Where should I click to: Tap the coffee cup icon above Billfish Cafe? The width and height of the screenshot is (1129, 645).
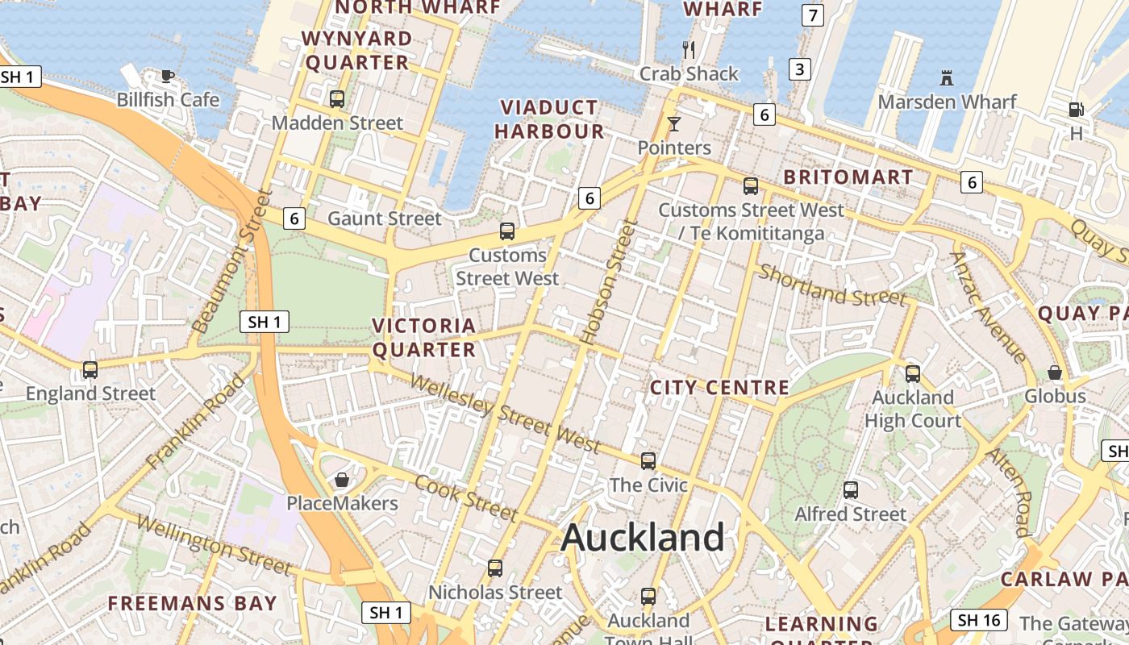tap(167, 77)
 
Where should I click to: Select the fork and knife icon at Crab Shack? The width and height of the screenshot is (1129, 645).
tap(689, 50)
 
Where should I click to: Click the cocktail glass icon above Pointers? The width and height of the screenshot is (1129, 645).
tap(674, 124)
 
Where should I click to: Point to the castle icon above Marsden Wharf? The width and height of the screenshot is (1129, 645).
tap(947, 78)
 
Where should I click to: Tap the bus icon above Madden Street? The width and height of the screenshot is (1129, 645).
tap(337, 99)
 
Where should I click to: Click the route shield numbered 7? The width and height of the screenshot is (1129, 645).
tap(812, 15)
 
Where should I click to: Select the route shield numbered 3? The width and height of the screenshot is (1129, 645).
tap(799, 69)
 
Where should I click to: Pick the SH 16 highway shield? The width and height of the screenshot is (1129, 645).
tap(980, 620)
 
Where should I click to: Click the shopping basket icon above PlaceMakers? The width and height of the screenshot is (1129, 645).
tap(342, 481)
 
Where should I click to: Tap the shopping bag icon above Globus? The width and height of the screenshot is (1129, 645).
tap(1055, 372)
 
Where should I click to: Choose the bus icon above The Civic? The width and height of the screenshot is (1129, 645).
tap(648, 461)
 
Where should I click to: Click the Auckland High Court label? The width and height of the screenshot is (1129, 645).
tap(913, 409)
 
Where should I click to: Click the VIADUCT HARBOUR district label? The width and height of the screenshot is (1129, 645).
tap(549, 119)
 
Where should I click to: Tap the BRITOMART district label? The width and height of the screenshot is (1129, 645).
tap(848, 177)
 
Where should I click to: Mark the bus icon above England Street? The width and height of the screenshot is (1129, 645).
tap(90, 370)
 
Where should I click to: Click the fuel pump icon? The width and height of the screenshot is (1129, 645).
tap(1076, 110)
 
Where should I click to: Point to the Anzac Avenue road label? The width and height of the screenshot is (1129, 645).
tap(988, 306)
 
